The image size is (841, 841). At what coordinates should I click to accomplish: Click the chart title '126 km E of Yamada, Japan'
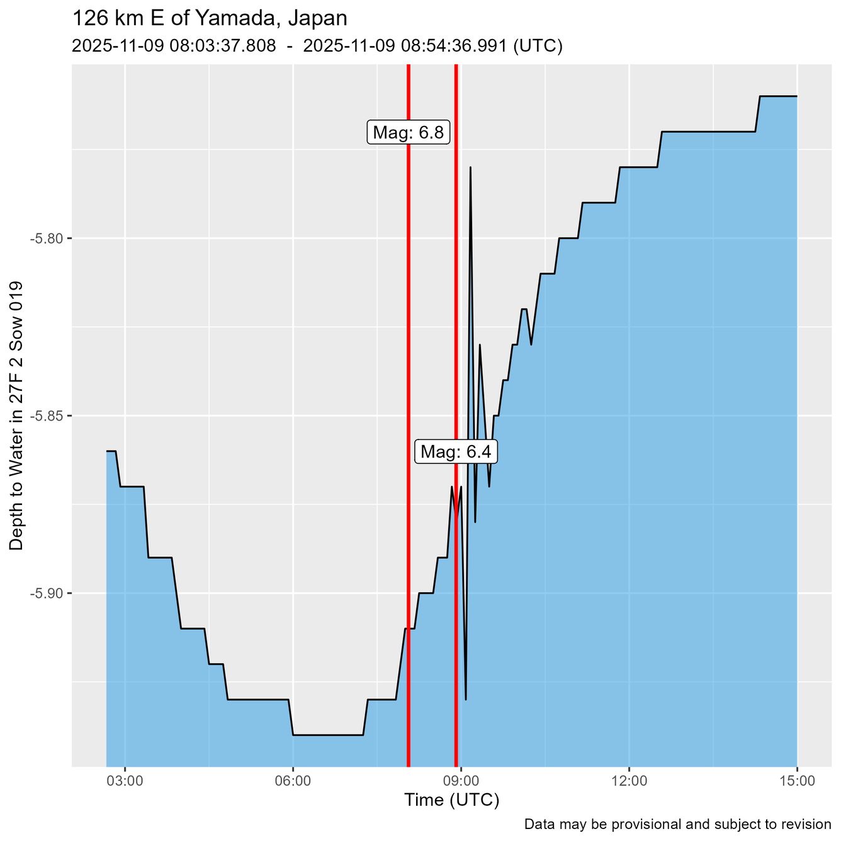210,18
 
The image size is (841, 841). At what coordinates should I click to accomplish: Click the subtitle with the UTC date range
317,47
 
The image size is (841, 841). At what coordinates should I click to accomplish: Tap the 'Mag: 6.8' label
408,133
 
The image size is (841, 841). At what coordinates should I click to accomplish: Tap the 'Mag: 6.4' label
456,452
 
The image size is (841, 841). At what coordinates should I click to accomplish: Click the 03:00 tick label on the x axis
125,781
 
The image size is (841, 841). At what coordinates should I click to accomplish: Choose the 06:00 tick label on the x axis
293,781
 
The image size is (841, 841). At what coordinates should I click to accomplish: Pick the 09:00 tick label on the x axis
461,781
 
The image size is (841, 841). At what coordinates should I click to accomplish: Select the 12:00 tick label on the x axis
629,781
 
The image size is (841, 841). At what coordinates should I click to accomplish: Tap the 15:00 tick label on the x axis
798,781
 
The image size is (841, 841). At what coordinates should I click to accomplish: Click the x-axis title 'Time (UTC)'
451,801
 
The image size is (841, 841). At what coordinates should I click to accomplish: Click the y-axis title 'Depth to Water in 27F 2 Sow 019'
17,415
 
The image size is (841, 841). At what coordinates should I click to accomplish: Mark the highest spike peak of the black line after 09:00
470,167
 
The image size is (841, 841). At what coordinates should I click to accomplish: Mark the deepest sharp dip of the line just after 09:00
466,699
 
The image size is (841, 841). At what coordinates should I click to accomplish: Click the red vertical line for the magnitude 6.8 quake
409,378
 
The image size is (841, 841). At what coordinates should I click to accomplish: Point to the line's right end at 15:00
797,96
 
